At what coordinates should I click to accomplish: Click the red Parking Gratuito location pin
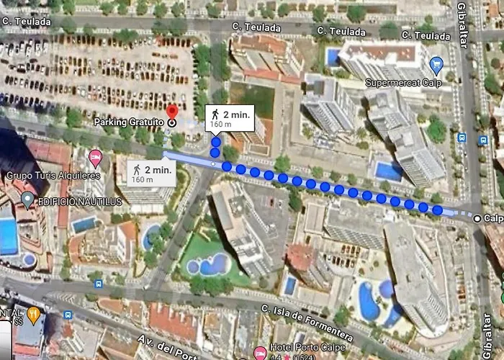(x=171, y=112)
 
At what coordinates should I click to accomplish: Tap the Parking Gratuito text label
(x=129, y=122)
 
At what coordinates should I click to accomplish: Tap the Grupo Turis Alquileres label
(x=53, y=175)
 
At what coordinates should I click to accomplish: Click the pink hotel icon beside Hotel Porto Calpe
(x=259, y=352)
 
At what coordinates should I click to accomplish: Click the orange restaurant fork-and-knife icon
(x=33, y=315)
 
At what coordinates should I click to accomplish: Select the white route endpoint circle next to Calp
(x=477, y=217)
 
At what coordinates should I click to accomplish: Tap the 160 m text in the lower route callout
(x=142, y=179)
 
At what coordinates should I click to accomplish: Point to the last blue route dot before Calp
(x=437, y=210)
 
